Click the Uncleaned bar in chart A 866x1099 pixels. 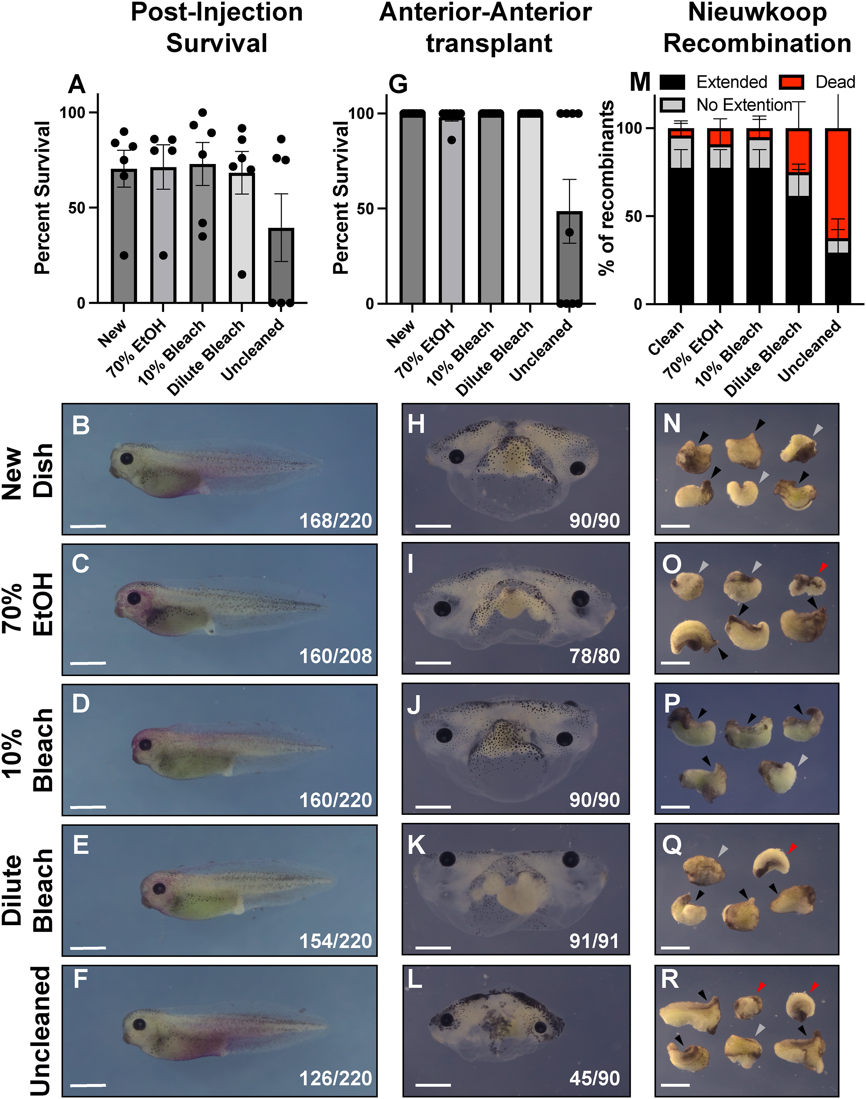click(x=281, y=266)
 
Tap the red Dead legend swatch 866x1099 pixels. click(x=791, y=82)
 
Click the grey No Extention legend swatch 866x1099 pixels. click(x=672, y=105)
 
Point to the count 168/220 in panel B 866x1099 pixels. click(x=335, y=520)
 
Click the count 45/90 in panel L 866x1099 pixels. click(x=594, y=1078)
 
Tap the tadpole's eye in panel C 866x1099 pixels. click(x=134, y=598)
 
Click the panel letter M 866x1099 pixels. click(x=640, y=83)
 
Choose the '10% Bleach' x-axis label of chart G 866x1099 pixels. click(x=460, y=353)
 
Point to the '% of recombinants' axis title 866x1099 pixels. click(x=607, y=187)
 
